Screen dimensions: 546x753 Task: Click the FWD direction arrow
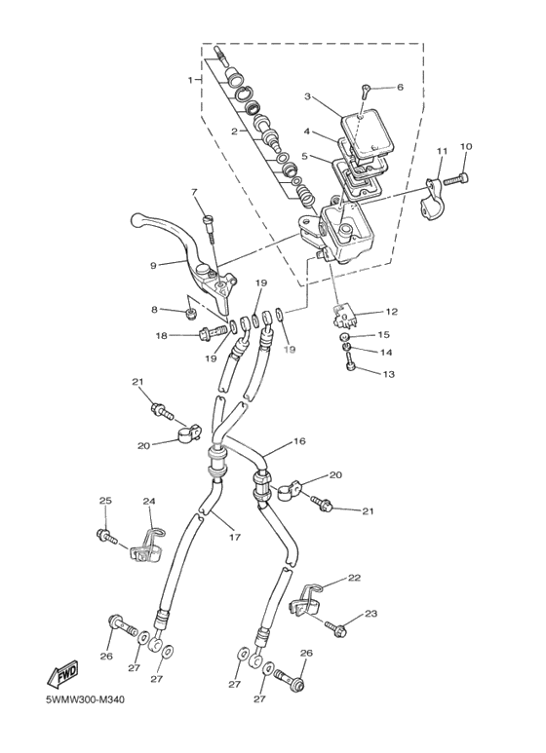61,676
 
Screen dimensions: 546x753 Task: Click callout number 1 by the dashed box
191,80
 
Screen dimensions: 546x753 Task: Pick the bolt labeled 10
455,181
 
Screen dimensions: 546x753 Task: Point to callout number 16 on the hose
299,441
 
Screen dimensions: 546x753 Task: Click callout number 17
234,537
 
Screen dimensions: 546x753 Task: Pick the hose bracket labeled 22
306,600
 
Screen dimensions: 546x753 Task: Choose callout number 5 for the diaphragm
305,157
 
